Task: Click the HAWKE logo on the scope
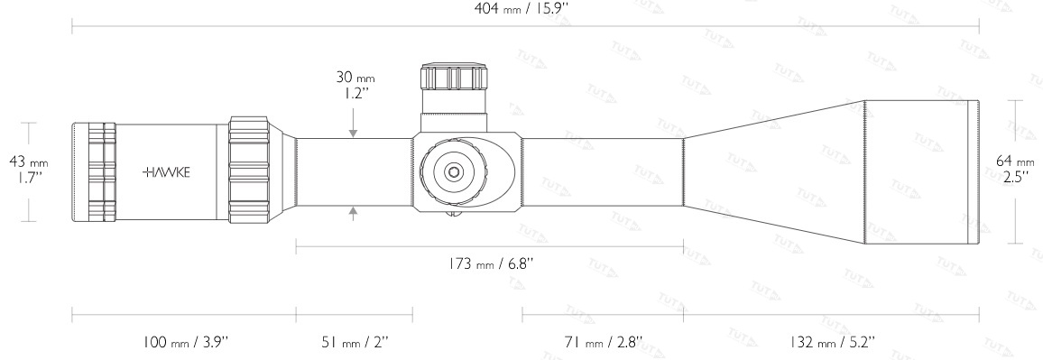(x=166, y=172)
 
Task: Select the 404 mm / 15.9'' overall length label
(x=521, y=9)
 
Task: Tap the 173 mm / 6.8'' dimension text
(x=490, y=263)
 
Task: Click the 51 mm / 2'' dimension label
(x=354, y=343)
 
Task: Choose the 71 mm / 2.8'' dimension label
(x=603, y=343)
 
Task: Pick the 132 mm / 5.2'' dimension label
(x=832, y=343)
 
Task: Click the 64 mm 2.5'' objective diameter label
(x=1015, y=170)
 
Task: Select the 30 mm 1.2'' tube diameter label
(x=355, y=85)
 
